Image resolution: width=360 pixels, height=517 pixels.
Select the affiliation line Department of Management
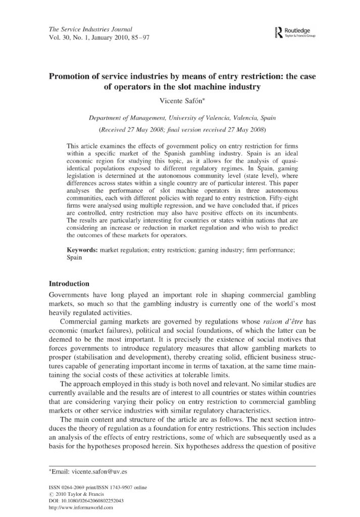pos(180,118)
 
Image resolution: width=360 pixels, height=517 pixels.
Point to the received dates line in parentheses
pos(180,129)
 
